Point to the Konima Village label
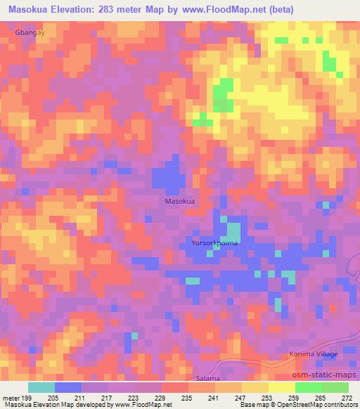coord(314,355)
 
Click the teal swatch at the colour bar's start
coord(41,387)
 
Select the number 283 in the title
coord(111,9)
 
